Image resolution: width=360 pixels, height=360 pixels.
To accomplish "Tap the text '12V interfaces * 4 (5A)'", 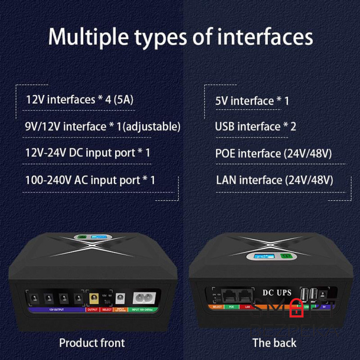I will click(x=79, y=100).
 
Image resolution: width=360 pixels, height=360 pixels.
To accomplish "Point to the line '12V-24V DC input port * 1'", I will click(x=87, y=153).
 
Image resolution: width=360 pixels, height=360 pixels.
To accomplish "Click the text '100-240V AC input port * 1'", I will click(x=90, y=180).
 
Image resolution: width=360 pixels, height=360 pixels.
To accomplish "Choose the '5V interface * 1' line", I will click(x=252, y=101).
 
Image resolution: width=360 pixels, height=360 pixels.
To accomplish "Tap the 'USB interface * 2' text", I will click(x=255, y=127).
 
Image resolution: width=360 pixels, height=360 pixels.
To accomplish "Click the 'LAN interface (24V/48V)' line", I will click(x=274, y=180).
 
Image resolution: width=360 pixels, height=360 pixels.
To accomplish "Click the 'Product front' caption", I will click(x=92, y=343).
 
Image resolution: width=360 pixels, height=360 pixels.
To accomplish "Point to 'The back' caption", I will click(x=274, y=343).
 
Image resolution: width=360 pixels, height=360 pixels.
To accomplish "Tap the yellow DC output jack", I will click(x=93, y=298).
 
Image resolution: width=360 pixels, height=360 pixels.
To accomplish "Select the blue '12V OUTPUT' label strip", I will click(x=56, y=310).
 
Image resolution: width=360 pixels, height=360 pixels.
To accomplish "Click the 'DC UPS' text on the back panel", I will click(x=277, y=292).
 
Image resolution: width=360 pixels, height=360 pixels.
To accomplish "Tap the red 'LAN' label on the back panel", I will click(x=248, y=306).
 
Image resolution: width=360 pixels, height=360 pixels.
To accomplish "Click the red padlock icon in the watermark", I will click(x=297, y=305).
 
